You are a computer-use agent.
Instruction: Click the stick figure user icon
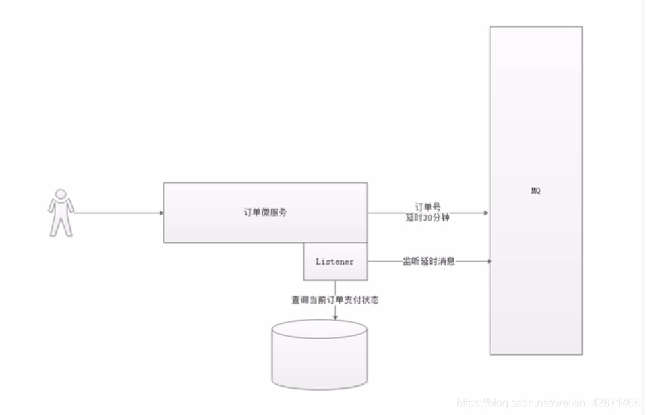click(61, 212)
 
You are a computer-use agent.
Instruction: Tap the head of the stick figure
click(61, 194)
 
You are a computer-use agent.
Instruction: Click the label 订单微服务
click(265, 212)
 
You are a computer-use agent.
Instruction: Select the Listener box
click(335, 261)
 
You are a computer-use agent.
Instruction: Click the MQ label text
click(535, 191)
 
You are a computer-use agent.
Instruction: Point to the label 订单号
click(428, 207)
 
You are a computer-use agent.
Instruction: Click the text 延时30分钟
click(428, 219)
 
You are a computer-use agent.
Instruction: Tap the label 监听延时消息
click(429, 261)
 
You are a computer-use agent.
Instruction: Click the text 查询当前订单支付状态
click(335, 300)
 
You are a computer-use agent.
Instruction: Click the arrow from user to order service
click(118, 213)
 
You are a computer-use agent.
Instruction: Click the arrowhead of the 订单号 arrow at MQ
click(486, 213)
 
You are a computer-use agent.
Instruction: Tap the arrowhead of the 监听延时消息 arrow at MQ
click(488, 261)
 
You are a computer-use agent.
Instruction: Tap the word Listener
click(334, 262)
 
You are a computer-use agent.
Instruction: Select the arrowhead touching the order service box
click(160, 213)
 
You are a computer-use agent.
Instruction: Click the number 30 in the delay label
click(428, 219)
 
